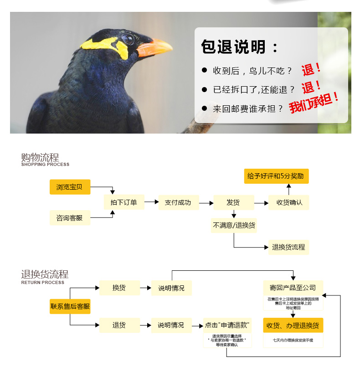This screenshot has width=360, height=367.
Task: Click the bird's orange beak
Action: pos(155,47)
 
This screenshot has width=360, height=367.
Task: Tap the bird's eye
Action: pos(128,39)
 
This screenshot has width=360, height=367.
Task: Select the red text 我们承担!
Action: pos(314,103)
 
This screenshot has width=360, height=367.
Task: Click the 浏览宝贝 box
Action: pos(70,187)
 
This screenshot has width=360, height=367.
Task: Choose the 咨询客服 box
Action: pos(70,218)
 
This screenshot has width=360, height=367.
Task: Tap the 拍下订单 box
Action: pos(124,202)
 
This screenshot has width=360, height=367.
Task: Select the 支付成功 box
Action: pos(178,202)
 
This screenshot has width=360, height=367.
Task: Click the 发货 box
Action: pos(233,202)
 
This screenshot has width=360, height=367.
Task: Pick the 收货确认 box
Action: pos(289,202)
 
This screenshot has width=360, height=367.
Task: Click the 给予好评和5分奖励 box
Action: pos(276,176)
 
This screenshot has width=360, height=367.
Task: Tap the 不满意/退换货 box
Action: pos(234,225)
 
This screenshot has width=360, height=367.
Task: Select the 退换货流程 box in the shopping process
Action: pos(288,247)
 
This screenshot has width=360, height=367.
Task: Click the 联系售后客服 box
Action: pos(70,306)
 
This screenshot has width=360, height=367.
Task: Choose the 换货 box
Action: pos(119,288)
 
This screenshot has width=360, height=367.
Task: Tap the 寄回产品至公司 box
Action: pos(293,288)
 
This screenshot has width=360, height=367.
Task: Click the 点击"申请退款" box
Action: pos(226,325)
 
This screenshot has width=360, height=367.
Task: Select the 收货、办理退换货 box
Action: pos(293,326)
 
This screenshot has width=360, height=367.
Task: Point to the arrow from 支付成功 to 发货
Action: pos(207,202)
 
